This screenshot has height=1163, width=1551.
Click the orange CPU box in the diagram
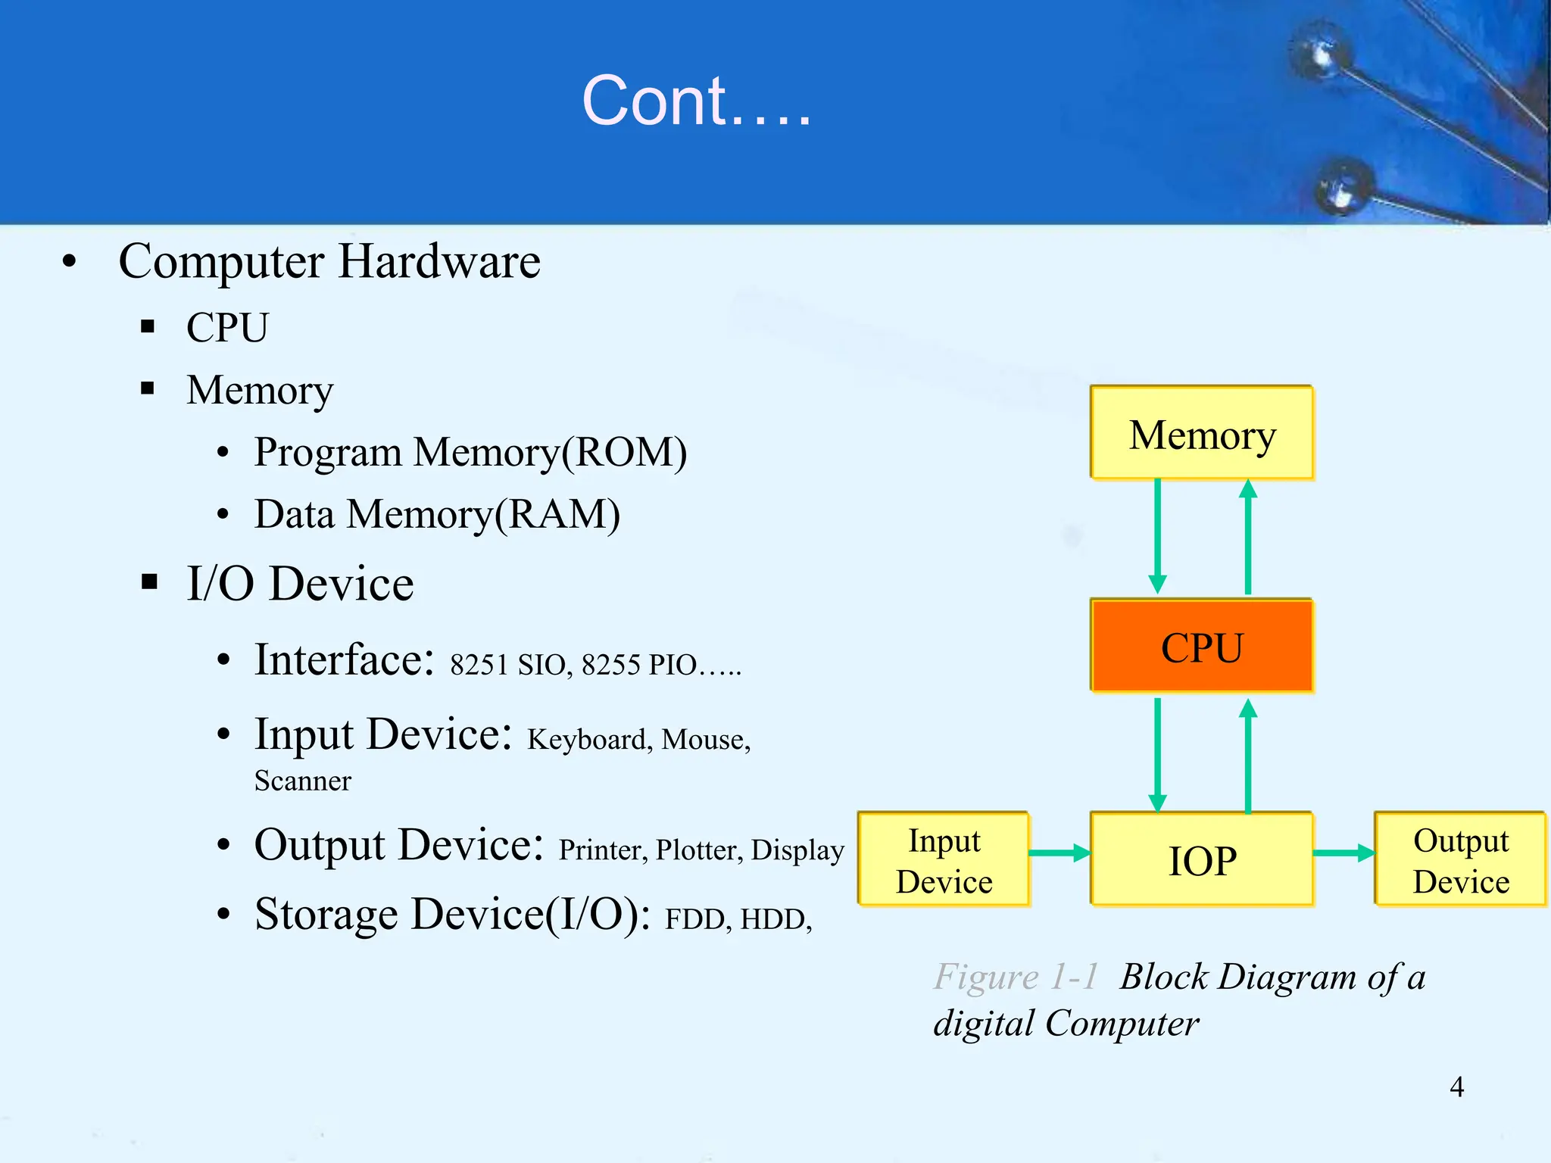pyautogui.click(x=1202, y=646)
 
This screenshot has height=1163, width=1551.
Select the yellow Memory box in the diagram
pyautogui.click(x=1202, y=434)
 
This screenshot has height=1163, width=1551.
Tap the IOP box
pyautogui.click(x=1202, y=859)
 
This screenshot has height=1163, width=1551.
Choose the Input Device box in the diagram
pyautogui.click(x=944, y=859)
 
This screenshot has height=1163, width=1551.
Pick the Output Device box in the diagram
pyautogui.click(x=1460, y=859)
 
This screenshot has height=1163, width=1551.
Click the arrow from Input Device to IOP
pyautogui.click(x=1059, y=853)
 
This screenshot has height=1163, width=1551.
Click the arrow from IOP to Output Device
pyautogui.click(x=1343, y=853)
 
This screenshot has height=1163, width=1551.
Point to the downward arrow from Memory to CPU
pyautogui.click(x=1157, y=538)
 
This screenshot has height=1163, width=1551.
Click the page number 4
pyautogui.click(x=1456, y=1087)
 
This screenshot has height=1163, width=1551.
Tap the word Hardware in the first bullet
pyautogui.click(x=439, y=261)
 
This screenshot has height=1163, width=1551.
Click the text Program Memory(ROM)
pyautogui.click(x=470, y=452)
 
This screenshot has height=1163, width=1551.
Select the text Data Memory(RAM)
pyautogui.click(x=437, y=514)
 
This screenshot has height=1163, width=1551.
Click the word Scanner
pyautogui.click(x=302, y=781)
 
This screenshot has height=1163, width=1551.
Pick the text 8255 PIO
pyautogui.click(x=639, y=665)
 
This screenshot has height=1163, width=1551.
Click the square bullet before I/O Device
pyautogui.click(x=149, y=581)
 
